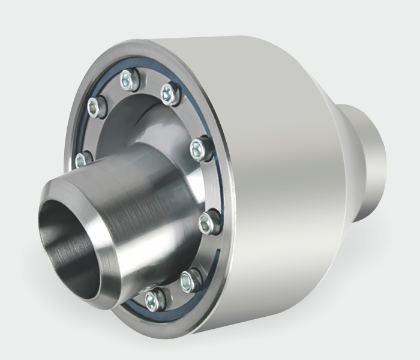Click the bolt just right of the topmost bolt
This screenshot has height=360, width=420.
169,92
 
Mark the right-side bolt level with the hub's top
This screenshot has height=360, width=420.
200,148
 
